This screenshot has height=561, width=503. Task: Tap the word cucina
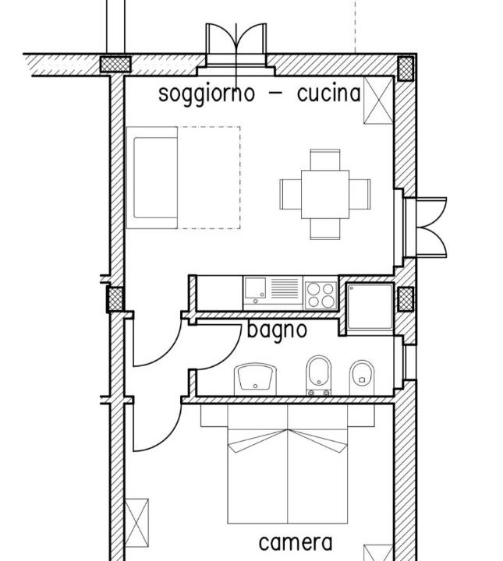tap(328, 93)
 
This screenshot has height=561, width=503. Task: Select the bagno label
tap(277, 330)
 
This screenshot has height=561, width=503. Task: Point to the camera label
tap(296, 543)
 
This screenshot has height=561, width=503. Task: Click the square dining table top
tap(325, 194)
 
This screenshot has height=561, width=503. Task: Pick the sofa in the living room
tap(152, 178)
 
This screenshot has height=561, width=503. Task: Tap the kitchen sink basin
tap(255, 288)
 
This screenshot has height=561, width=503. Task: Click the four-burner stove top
tap(321, 295)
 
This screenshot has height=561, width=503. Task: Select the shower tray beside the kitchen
tap(370, 307)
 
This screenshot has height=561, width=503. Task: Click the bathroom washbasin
tap(255, 379)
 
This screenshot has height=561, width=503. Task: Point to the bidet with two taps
tap(319, 375)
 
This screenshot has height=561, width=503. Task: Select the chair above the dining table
tap(325, 160)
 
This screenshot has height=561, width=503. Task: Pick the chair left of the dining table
tap(291, 194)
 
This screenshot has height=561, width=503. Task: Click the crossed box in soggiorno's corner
tap(378, 101)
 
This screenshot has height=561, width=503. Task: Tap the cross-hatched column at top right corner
tap(406, 68)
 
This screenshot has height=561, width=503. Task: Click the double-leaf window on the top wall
tap(236, 45)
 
